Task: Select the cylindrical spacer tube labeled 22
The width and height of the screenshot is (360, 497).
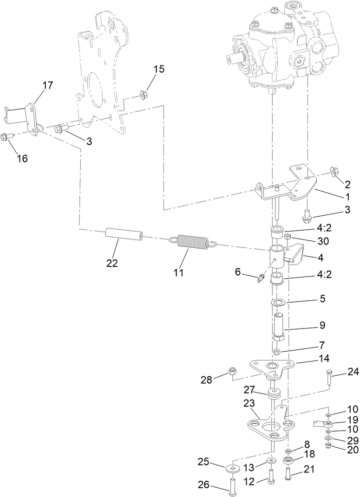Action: (123, 234)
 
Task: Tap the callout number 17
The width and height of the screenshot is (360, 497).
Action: (47, 85)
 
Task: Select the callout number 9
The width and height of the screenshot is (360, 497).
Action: (309, 325)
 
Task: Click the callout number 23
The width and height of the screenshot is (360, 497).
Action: (249, 403)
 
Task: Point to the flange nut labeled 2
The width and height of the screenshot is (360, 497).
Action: (334, 172)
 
